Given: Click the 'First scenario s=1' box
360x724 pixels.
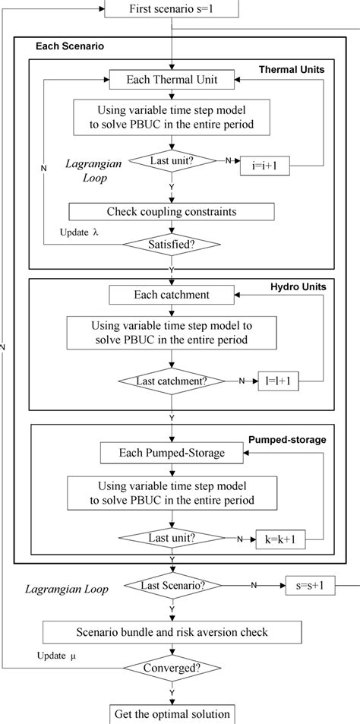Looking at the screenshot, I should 174,9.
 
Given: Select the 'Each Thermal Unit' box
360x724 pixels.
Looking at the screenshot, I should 174,78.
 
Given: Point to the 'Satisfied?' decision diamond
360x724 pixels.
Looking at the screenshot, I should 174,245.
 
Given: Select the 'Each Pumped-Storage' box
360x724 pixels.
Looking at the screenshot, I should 174,454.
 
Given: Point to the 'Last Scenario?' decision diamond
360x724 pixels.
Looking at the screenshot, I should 174,586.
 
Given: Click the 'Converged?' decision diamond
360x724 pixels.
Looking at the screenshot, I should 174,669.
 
